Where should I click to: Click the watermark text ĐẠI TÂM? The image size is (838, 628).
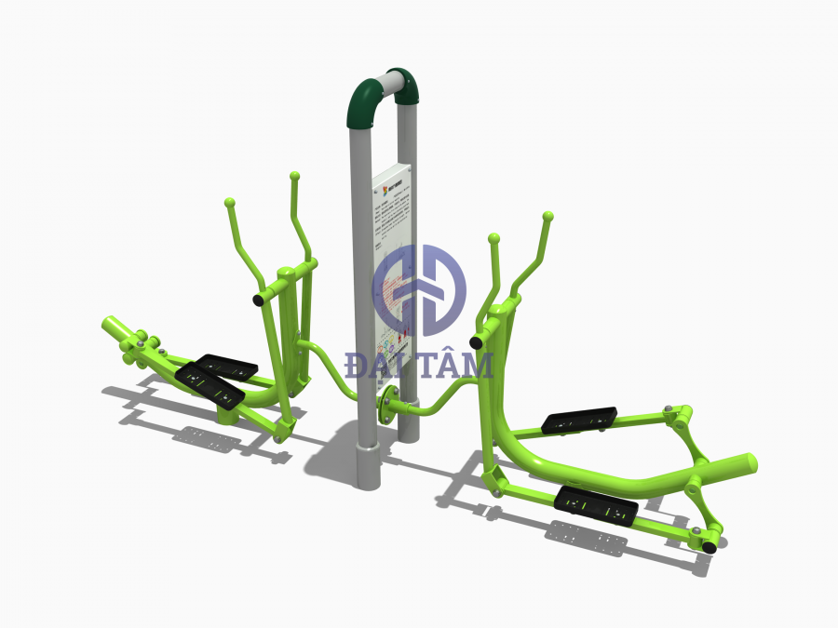pyautogui.click(x=418, y=366)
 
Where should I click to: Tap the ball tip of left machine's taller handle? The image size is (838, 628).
pyautogui.click(x=294, y=175)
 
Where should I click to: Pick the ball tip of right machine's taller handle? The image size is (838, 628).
pyautogui.click(x=547, y=216)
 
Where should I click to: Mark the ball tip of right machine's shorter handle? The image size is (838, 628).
pyautogui.click(x=493, y=239)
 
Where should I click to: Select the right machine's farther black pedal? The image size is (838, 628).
pyautogui.click(x=579, y=420)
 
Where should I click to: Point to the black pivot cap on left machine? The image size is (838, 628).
pyautogui.click(x=256, y=300)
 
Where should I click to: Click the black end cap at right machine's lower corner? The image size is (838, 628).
pyautogui.click(x=710, y=548)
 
